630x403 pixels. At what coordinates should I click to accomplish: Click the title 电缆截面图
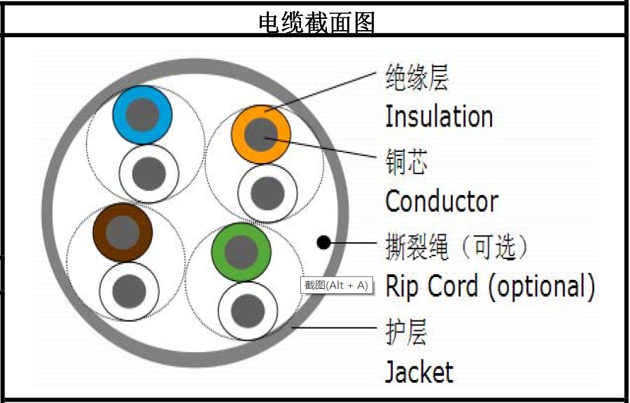[x=316, y=23]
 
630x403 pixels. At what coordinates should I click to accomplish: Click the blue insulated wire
[x=142, y=115]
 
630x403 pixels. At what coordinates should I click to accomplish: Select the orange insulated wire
[x=261, y=134]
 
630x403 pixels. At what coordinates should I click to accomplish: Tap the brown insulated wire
[x=122, y=232]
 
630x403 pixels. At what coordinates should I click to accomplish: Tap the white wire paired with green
[x=248, y=309]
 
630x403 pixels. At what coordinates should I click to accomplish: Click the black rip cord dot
[x=323, y=243]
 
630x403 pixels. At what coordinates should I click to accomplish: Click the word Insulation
[x=439, y=116]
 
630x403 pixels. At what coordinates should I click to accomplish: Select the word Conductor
[x=442, y=201]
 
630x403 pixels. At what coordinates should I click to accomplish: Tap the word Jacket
[x=419, y=372]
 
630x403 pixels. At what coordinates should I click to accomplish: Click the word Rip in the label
[x=402, y=286]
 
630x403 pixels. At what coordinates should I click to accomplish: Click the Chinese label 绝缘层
[x=416, y=78]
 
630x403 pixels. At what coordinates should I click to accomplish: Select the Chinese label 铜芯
[x=406, y=162]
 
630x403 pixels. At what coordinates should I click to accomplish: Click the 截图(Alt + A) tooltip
[x=336, y=285]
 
